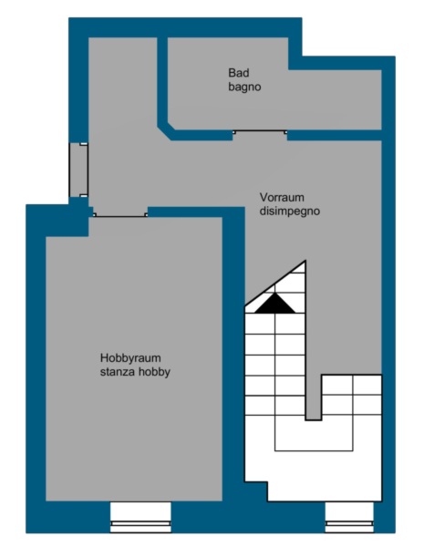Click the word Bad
click(239, 73)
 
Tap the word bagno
click(244, 87)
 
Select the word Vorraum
click(282, 198)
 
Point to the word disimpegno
click(290, 212)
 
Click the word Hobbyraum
click(130, 358)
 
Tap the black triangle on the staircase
click(275, 303)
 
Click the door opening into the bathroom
click(260, 132)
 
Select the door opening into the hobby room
click(120, 215)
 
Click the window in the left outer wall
click(78, 170)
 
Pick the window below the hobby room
click(140, 517)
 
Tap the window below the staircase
click(349, 517)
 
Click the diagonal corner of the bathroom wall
click(166, 130)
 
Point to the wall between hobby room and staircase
click(233, 352)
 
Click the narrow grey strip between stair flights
click(313, 352)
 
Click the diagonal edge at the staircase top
click(275, 283)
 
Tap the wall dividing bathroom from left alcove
click(162, 80)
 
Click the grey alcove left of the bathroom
click(123, 88)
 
